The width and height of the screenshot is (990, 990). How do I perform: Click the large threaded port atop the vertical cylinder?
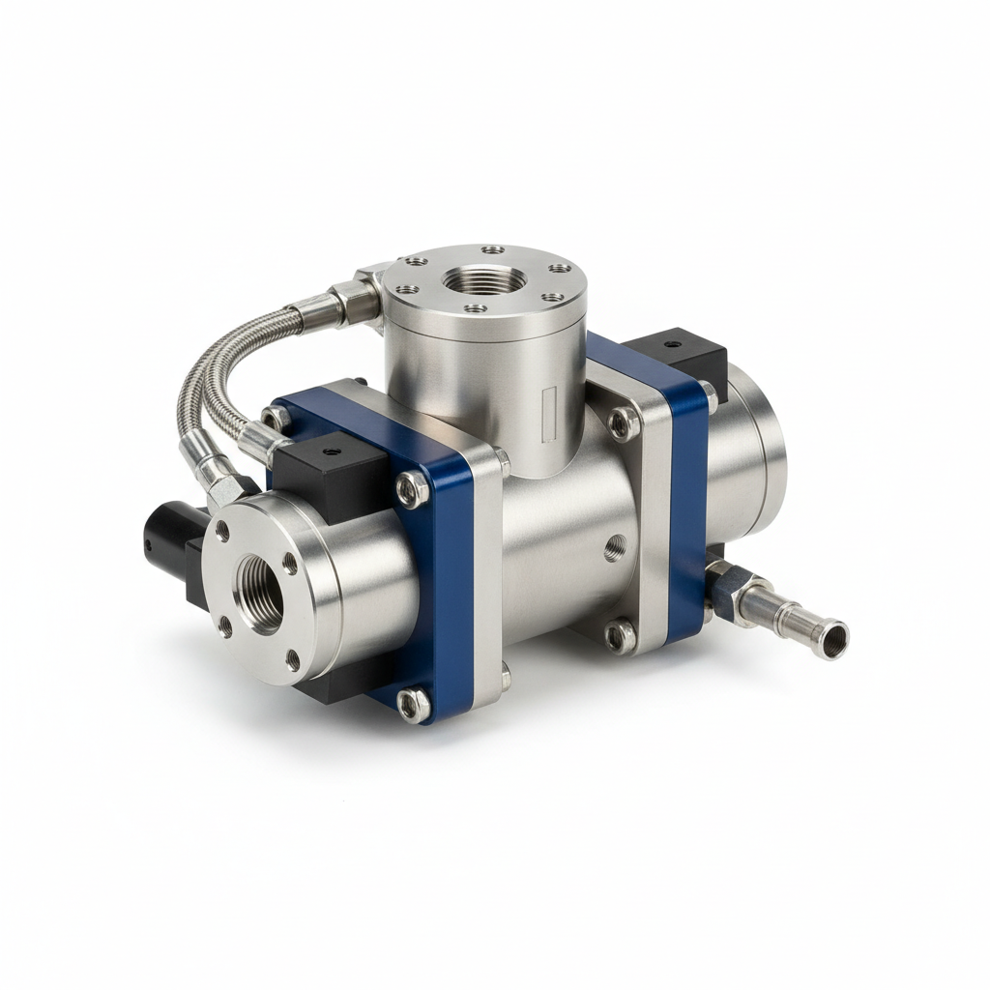click(x=484, y=280)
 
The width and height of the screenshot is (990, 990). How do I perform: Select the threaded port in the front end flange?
click(x=261, y=591)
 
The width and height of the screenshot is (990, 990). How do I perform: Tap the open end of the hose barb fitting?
click(x=832, y=638)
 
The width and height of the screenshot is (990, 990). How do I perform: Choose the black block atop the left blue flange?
click(x=329, y=474)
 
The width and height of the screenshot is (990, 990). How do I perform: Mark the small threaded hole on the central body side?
click(x=615, y=549)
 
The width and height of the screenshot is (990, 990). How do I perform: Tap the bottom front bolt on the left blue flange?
click(x=414, y=705)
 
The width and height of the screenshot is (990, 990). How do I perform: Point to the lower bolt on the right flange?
click(x=620, y=635)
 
